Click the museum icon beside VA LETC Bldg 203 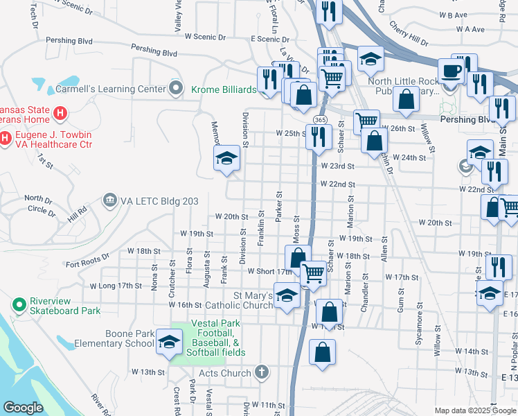coord(109,201)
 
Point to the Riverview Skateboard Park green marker coord(19,304)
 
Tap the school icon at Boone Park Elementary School coord(168,341)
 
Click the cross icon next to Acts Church coord(261,373)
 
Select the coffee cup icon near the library coord(451,71)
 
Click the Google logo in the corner coord(24,408)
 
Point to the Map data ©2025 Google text coord(474,410)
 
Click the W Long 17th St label coord(111,286)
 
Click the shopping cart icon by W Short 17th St coord(313,272)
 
